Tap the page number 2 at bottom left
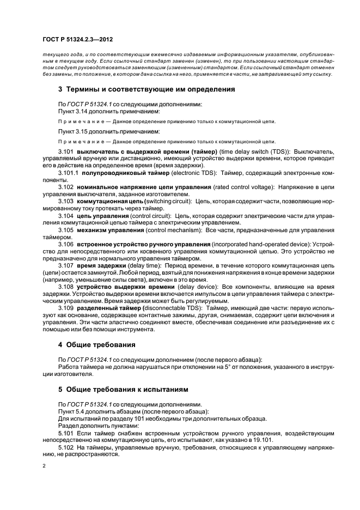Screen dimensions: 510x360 click(x=44, y=465)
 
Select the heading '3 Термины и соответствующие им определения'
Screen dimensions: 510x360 click(x=147, y=89)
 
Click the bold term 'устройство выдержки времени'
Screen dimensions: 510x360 click(x=118, y=287)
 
